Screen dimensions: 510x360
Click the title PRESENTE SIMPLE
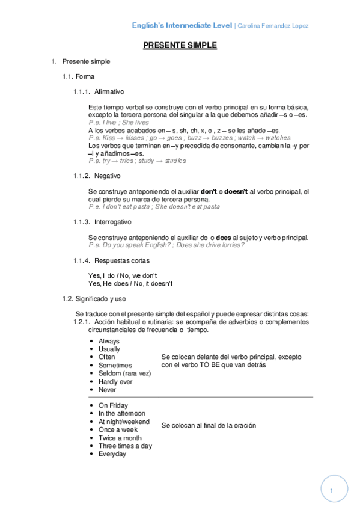(x=180, y=45)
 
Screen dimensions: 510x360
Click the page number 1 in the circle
(x=331, y=491)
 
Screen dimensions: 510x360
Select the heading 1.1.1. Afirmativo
(x=99, y=91)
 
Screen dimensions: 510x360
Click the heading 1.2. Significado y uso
(x=94, y=298)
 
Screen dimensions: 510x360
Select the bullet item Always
(x=109, y=341)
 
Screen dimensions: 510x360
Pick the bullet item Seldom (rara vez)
(x=124, y=373)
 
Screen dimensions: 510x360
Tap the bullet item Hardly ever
(x=115, y=381)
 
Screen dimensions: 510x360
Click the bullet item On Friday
(x=113, y=405)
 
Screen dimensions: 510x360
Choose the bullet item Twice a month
(x=120, y=438)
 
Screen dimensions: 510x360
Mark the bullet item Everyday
(x=112, y=454)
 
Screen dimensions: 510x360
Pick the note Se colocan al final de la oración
(x=209, y=425)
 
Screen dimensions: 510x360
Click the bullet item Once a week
(x=118, y=429)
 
